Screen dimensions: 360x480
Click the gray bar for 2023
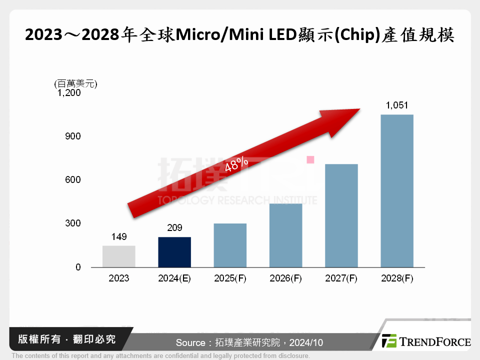(118, 256)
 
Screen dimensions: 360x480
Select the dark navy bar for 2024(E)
(174, 252)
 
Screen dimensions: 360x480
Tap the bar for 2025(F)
(230, 245)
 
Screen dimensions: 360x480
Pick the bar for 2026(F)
(285, 235)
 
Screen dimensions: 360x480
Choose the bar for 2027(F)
(341, 215)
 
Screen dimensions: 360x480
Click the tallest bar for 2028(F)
(397, 191)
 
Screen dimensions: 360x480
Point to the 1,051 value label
(397, 105)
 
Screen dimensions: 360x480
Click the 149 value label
(118, 236)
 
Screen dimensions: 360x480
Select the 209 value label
(174, 228)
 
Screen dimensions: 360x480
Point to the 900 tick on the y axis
(73, 136)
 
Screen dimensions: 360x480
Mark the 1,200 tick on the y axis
(69, 92)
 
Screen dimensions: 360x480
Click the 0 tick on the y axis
(78, 267)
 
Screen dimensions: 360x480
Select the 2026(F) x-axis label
(285, 278)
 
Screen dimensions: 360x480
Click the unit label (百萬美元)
(75, 83)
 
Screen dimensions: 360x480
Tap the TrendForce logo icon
(389, 341)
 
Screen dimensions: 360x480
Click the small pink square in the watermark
(310, 159)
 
